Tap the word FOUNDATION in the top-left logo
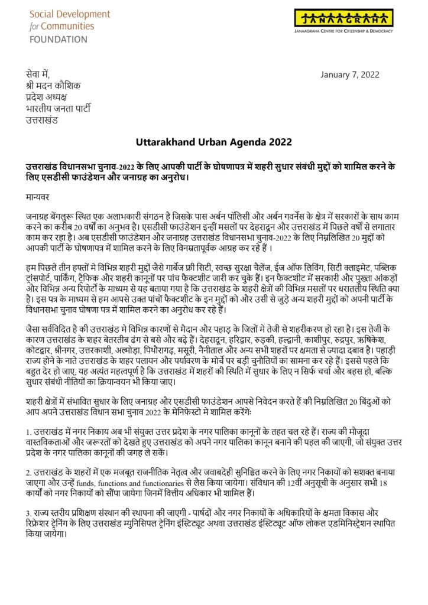point(58,40)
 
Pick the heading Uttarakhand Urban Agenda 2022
point(213,142)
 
